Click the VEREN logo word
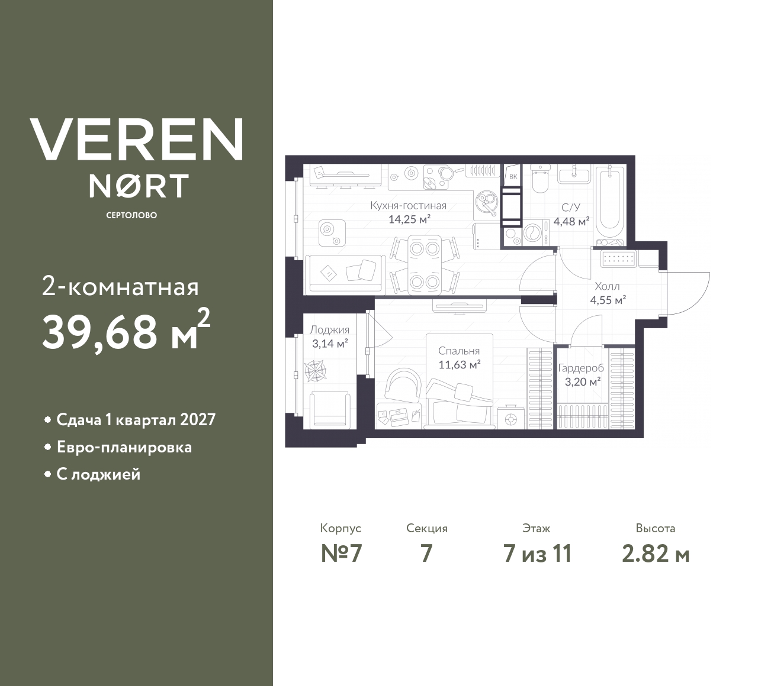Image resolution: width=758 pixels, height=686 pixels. pos(137,139)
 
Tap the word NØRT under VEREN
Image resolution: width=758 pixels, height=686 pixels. pos(139,186)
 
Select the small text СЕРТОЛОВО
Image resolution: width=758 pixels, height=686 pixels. pos(131,215)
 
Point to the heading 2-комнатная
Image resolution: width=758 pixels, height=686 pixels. pos(121,287)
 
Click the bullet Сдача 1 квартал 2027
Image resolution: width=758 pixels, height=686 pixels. pos(136,420)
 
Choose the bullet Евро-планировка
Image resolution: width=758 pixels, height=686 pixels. pos(124,447)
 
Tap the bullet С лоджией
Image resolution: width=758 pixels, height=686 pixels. pos(98,474)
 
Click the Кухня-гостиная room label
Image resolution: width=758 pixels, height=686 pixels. pos(408,206)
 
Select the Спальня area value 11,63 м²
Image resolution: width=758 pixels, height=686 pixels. pos(459,365)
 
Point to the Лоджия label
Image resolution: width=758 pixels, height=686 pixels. pos(330,330)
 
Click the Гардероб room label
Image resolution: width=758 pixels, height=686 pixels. pos(581,368)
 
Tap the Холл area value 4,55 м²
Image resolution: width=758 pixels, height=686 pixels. pos(608,300)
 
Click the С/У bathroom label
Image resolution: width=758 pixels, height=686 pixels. pos(571,208)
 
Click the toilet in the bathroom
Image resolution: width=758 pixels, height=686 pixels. pos(539,179)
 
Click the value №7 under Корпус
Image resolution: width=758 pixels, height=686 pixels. pos(341,554)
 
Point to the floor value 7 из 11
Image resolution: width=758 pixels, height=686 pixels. pos(537,554)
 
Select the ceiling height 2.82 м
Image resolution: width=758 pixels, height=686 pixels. pos(656,554)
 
